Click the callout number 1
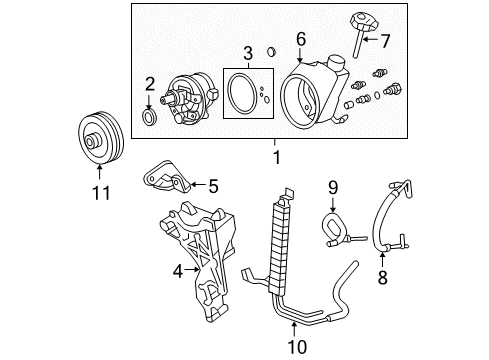pyautogui.click(x=277, y=156)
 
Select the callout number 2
pyautogui.click(x=149, y=84)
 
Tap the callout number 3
pyautogui.click(x=246, y=52)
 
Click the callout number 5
pyautogui.click(x=212, y=185)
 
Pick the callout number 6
pyautogui.click(x=298, y=40)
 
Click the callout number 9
pyautogui.click(x=333, y=186)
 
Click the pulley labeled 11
pyautogui.click(x=98, y=143)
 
